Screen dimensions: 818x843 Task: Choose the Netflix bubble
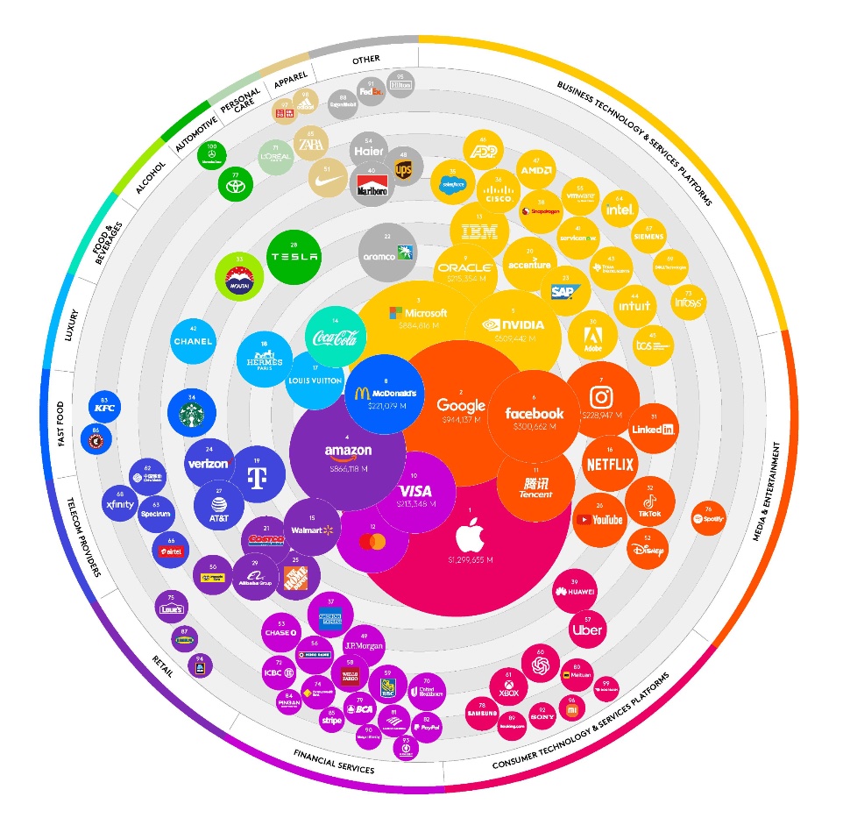(609, 463)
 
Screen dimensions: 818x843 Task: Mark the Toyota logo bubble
(234, 183)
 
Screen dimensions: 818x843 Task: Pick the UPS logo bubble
(403, 167)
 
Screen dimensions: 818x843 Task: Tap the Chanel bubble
(194, 341)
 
